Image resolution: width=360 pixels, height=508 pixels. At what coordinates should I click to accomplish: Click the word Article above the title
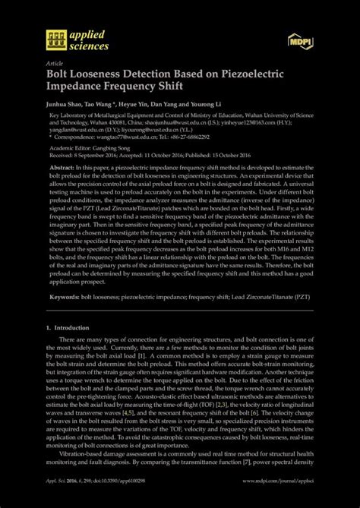point(55,63)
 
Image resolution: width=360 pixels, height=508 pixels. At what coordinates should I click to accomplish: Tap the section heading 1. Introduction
point(72,327)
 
